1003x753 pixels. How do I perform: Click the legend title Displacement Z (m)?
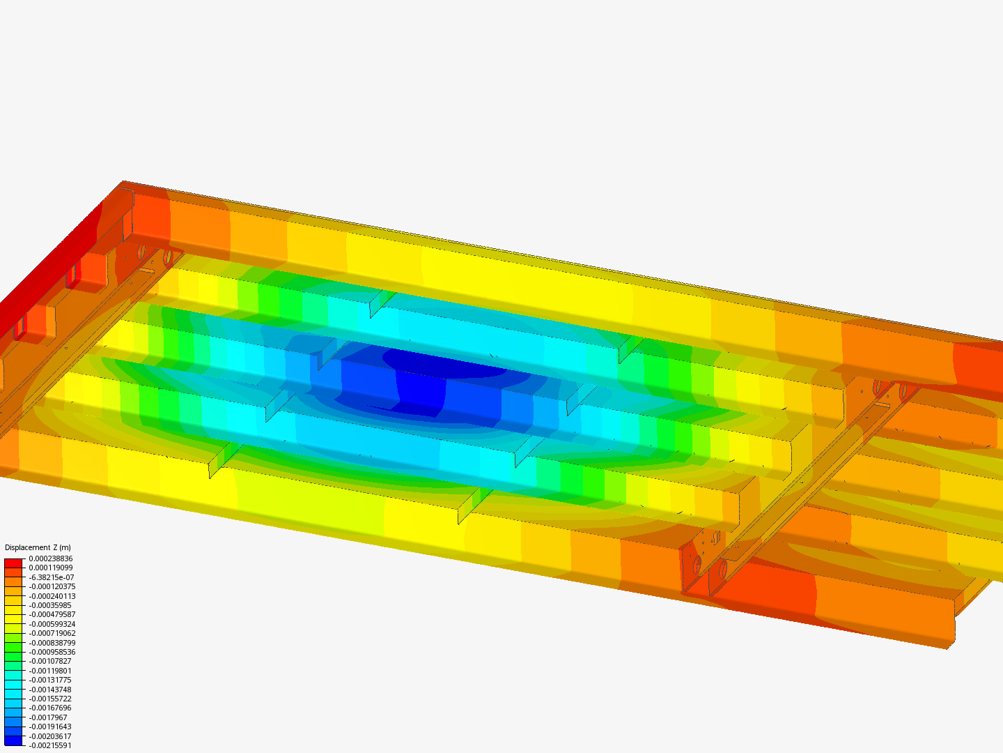click(38, 547)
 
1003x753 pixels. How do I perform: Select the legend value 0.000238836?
click(51, 558)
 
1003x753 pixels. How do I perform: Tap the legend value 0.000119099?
click(51, 568)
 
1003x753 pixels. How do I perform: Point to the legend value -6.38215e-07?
click(51, 577)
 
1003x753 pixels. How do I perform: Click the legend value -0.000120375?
click(52, 586)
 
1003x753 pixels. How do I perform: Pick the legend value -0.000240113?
click(52, 596)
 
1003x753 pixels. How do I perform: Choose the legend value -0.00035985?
click(50, 605)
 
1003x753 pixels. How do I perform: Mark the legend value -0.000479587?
click(52, 614)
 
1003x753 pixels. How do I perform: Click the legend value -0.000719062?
click(52, 633)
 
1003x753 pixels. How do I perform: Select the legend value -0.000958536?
click(52, 652)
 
